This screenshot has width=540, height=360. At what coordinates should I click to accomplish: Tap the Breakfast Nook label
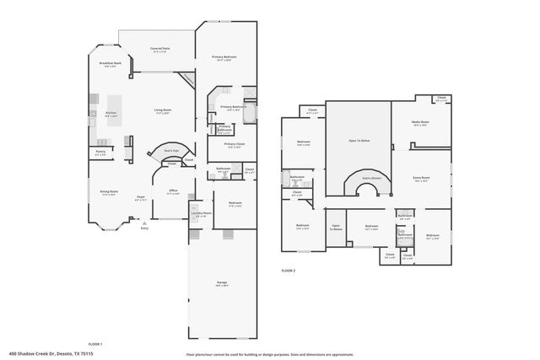click(111, 64)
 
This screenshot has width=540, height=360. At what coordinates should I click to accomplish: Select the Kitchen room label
click(111, 114)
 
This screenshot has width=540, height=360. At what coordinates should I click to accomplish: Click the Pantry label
click(100, 153)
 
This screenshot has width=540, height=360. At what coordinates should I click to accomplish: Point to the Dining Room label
click(109, 192)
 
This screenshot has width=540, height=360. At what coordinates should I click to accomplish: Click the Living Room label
click(163, 110)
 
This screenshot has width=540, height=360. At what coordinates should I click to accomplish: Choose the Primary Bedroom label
click(224, 57)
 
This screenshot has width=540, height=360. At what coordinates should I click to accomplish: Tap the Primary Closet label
click(234, 144)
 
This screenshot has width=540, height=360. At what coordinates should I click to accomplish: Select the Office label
click(172, 191)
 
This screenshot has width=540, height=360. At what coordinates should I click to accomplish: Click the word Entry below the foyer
click(144, 228)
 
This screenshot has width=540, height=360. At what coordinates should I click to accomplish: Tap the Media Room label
click(419, 123)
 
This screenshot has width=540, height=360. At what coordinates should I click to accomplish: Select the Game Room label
click(421, 178)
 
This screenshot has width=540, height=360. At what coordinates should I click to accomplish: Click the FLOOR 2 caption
click(289, 271)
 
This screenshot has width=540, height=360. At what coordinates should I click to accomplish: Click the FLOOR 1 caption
click(95, 344)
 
